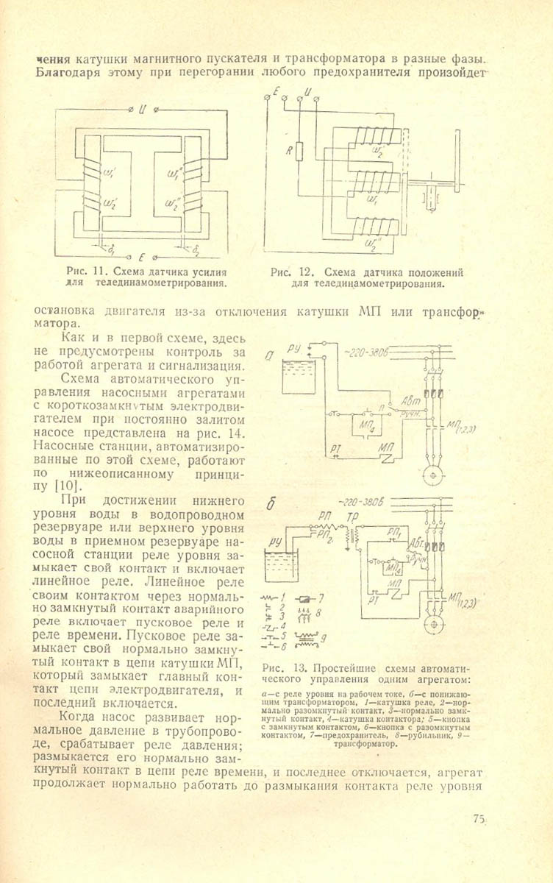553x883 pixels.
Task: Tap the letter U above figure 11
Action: point(143,110)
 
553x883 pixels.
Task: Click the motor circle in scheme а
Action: point(433,475)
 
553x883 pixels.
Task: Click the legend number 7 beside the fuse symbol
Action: point(321,595)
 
